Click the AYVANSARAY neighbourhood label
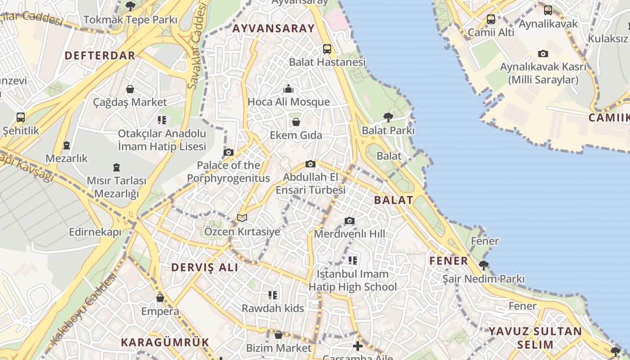pyautogui.click(x=273, y=28)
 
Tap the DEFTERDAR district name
pyautogui.click(x=99, y=55)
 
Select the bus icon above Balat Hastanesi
pyautogui.click(x=327, y=49)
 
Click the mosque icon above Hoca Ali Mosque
pyautogui.click(x=288, y=89)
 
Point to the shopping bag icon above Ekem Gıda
pyautogui.click(x=296, y=122)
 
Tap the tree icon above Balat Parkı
pyautogui.click(x=388, y=117)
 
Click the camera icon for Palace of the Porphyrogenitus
pyautogui.click(x=229, y=152)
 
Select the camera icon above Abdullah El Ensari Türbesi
pyautogui.click(x=310, y=164)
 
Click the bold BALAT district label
pyautogui.click(x=393, y=200)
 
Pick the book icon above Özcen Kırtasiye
pyautogui.click(x=242, y=218)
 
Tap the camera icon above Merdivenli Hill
pyautogui.click(x=349, y=220)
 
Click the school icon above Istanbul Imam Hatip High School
pyautogui.click(x=352, y=260)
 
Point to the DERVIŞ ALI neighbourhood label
pyautogui.click(x=205, y=267)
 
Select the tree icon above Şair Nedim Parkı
pyautogui.click(x=483, y=265)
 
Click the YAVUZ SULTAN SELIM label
pyautogui.click(x=535, y=338)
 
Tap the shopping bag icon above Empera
pyautogui.click(x=160, y=298)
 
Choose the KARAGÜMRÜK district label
pyautogui.click(x=165, y=342)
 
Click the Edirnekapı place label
pyautogui.click(x=95, y=232)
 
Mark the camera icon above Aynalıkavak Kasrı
pyautogui.click(x=543, y=54)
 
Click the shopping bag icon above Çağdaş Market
pyautogui.click(x=130, y=89)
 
